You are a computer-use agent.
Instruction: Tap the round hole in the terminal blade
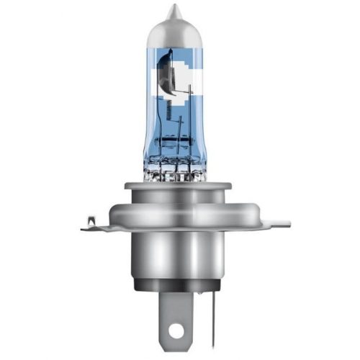pyautogui.click(x=175, y=333)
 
